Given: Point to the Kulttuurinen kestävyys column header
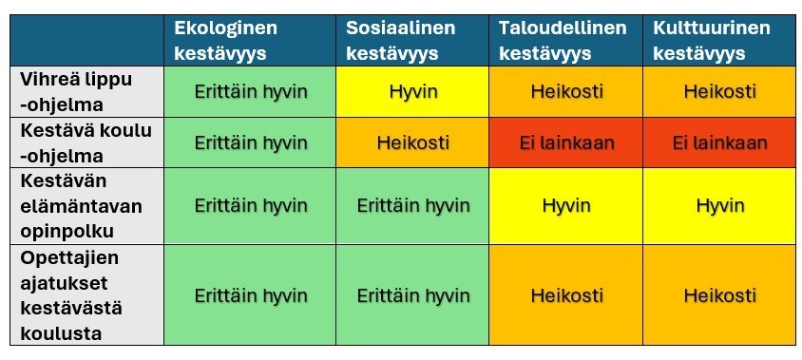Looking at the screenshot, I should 720,41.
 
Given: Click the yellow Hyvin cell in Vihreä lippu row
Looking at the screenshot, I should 412,91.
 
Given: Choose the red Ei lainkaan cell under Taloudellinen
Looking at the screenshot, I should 566,143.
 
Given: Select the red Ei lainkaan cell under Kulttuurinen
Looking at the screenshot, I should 720,143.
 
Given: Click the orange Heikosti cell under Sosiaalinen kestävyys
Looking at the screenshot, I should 412,143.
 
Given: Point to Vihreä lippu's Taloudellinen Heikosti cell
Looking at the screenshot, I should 566,91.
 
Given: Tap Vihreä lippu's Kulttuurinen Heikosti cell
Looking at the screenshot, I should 720,91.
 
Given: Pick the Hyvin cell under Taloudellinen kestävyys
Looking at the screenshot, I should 566,205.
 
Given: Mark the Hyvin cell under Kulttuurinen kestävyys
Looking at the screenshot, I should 720,205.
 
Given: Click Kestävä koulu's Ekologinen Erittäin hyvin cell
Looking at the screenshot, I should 251,143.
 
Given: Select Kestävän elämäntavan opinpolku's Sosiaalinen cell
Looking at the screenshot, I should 412,205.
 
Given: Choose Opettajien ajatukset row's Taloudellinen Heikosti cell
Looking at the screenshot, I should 566,295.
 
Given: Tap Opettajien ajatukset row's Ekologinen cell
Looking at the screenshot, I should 251,295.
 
